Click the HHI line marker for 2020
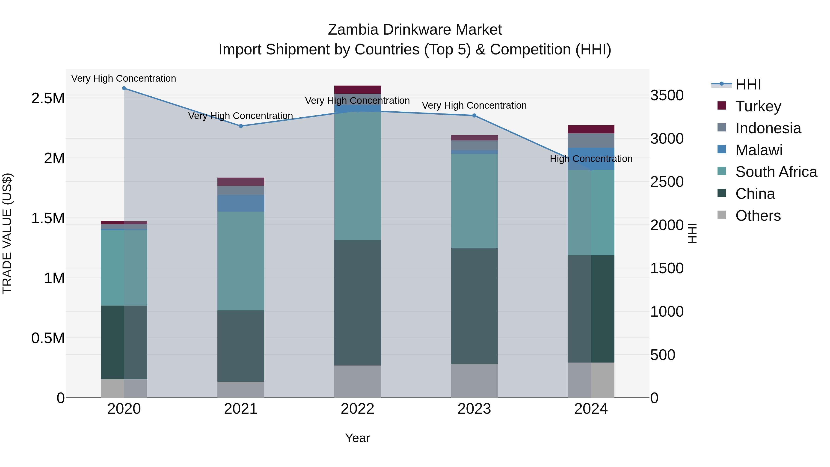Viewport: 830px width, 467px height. click(x=124, y=88)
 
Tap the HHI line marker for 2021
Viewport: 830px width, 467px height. click(x=241, y=126)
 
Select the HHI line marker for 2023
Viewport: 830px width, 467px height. click(x=474, y=115)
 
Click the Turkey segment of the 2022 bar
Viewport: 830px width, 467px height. click(x=357, y=90)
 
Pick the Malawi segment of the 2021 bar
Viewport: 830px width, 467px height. click(x=241, y=203)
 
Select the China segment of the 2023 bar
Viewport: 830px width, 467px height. click(x=474, y=306)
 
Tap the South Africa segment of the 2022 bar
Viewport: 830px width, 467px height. click(x=357, y=176)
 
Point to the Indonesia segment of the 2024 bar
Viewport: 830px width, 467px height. click(x=591, y=140)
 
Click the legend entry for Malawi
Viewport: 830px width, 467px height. click(x=759, y=150)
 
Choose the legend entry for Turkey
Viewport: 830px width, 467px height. click(x=758, y=106)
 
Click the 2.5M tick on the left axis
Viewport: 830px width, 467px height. click(x=48, y=98)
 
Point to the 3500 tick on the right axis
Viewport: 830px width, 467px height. click(x=667, y=95)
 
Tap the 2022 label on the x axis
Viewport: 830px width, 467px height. click(x=357, y=409)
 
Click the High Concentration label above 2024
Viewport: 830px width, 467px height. click(x=591, y=159)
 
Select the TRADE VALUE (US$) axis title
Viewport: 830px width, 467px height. click(x=7, y=233)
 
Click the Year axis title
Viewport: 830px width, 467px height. click(x=357, y=438)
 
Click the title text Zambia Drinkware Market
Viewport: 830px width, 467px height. click(x=415, y=30)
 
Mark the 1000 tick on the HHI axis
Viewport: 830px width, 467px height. click(x=667, y=312)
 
